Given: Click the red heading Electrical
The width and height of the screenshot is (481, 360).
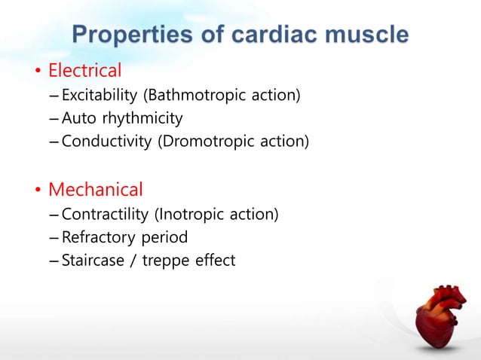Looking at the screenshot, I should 84,72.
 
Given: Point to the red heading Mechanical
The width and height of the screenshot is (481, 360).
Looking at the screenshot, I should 95,188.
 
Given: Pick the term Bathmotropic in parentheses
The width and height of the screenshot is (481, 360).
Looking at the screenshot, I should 191,96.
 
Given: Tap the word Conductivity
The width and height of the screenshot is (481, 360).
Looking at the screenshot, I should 106,141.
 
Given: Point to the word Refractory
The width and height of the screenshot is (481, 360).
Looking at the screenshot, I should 97,238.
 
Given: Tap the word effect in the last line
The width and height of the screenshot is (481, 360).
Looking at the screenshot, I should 215,261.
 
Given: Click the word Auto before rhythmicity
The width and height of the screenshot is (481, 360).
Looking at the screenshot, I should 78,118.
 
